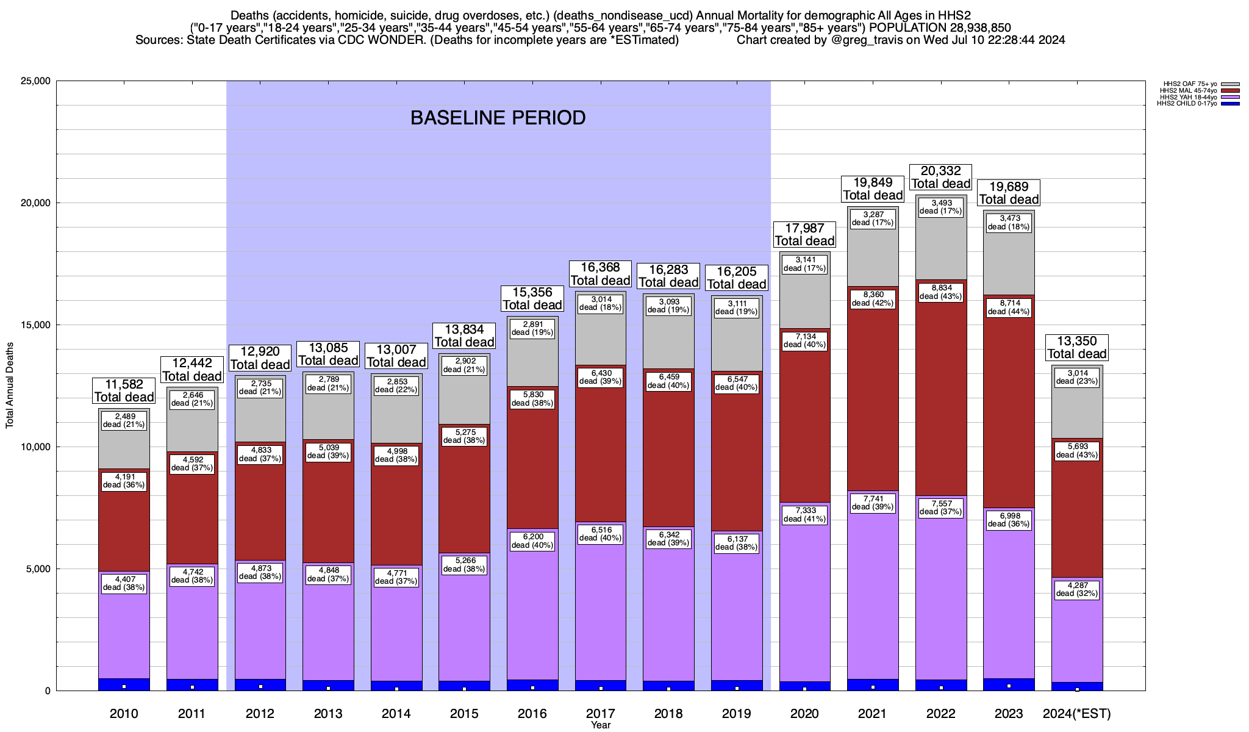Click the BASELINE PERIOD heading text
[498, 117]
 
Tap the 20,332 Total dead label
[940, 178]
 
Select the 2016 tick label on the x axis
[532, 713]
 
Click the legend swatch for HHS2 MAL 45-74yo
[1230, 90]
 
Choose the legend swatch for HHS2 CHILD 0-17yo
[1230, 104]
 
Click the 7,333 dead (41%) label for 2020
[804, 514]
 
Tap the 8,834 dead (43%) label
[940, 292]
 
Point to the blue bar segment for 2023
[1009, 684]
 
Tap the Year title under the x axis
[600, 725]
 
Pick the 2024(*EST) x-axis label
[1077, 713]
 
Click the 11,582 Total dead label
[124, 390]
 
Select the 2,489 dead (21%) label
[124, 420]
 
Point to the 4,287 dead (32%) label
[1077, 589]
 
